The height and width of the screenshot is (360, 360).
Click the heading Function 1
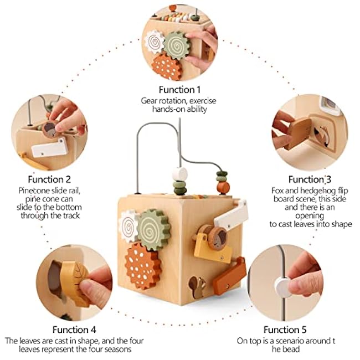coord(179,90)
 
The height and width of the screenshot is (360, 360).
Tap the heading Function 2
coord(49,179)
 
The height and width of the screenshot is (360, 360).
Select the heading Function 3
coord(310,179)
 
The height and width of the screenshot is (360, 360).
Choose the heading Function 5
coord(285,330)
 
